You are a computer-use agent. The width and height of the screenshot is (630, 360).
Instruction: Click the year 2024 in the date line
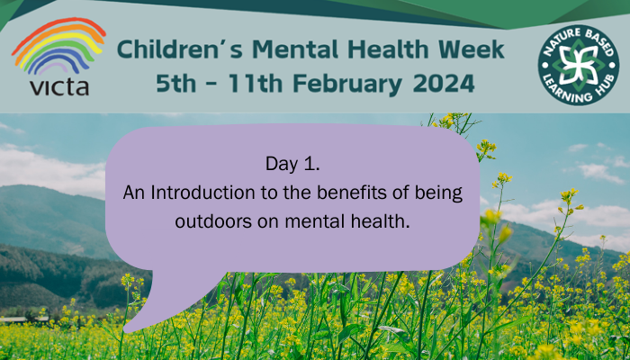444,83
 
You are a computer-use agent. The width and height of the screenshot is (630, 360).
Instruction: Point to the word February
347,85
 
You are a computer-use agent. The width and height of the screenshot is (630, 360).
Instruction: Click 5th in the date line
175,83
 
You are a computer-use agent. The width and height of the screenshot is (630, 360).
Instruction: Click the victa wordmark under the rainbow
59,87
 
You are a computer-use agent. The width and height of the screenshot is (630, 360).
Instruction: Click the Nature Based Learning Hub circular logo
579,66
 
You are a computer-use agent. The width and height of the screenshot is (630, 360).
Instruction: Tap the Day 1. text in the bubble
292,164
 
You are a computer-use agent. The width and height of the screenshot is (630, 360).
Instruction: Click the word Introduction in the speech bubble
202,193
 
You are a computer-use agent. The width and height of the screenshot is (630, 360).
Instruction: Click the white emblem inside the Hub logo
579,65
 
